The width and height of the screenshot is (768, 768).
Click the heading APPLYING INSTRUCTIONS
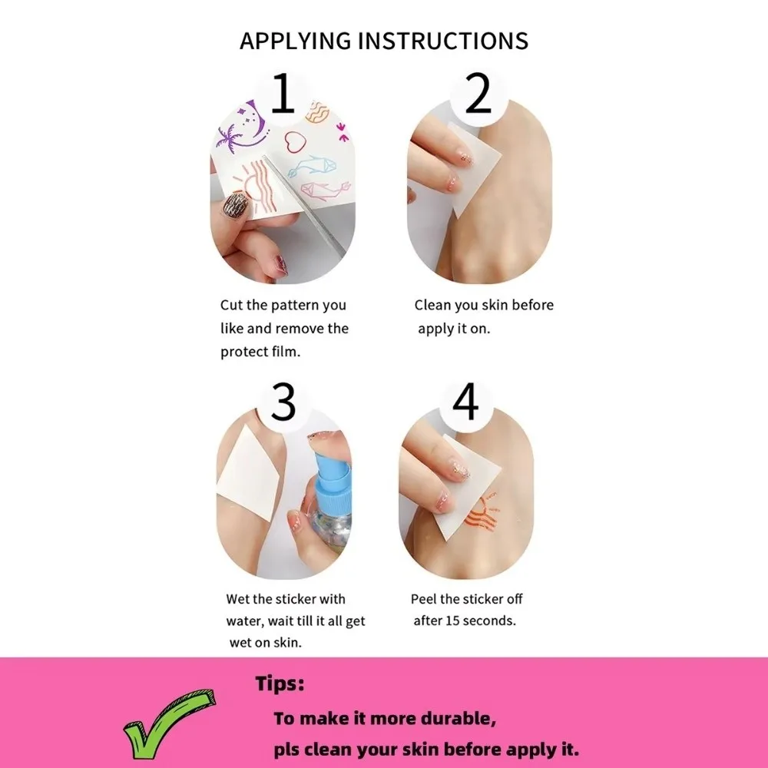(383, 40)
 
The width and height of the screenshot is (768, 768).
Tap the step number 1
(283, 94)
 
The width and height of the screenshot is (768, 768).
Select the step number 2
(478, 94)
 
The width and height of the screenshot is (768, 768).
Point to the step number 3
(283, 400)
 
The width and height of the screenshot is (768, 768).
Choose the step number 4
(465, 400)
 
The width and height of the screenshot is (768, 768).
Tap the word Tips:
(280, 684)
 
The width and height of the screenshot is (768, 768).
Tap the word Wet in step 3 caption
(238, 599)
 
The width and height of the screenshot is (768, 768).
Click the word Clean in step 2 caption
(432, 305)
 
